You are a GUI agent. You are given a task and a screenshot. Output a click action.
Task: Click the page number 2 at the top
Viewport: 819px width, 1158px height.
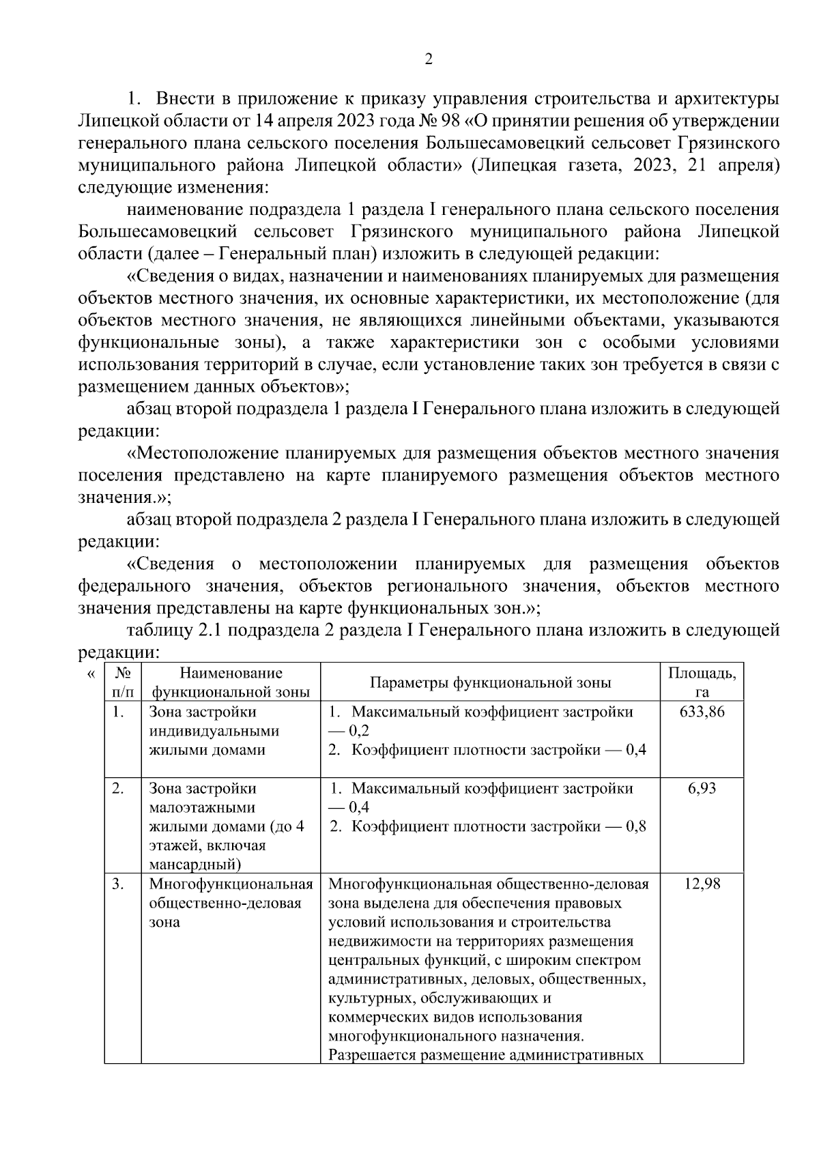point(428,59)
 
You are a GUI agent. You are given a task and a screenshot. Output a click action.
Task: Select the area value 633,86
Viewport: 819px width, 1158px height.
point(702,712)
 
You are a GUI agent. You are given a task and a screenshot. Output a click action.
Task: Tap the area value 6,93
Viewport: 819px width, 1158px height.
point(702,789)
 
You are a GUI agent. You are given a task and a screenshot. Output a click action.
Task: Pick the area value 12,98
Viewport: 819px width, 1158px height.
point(702,884)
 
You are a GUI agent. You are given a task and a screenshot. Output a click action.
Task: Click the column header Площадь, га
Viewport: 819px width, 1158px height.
point(702,682)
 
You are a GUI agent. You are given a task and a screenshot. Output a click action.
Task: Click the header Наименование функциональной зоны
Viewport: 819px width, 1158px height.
point(231,682)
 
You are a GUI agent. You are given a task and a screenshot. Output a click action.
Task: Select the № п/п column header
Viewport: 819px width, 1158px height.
point(122,682)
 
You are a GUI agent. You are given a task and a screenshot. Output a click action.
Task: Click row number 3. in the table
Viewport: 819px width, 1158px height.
point(119,884)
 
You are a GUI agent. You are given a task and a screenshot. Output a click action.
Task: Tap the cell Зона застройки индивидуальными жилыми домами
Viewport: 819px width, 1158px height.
point(214,732)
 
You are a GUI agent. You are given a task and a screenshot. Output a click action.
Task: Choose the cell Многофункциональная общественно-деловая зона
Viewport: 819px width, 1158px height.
point(230,903)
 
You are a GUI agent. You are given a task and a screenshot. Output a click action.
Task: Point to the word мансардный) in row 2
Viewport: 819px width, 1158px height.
point(195,865)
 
